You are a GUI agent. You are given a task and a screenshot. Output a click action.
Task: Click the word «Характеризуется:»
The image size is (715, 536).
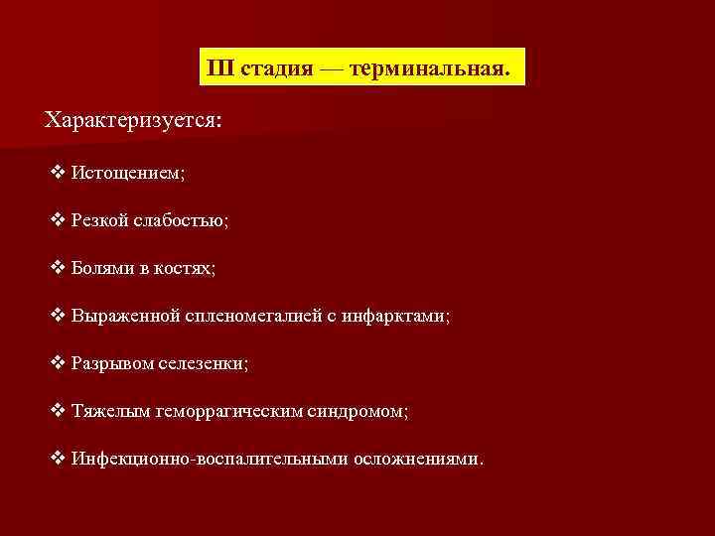coord(134,120)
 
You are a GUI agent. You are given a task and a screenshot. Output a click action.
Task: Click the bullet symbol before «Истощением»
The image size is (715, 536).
coord(57,172)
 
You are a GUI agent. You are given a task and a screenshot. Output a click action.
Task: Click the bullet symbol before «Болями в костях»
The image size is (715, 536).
coord(57,267)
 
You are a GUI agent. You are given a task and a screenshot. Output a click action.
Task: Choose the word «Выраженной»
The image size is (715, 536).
coord(125,316)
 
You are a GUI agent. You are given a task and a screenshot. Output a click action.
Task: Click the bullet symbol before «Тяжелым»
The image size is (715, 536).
coord(57,410)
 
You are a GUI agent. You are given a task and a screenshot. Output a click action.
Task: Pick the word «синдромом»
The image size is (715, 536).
coord(351,411)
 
